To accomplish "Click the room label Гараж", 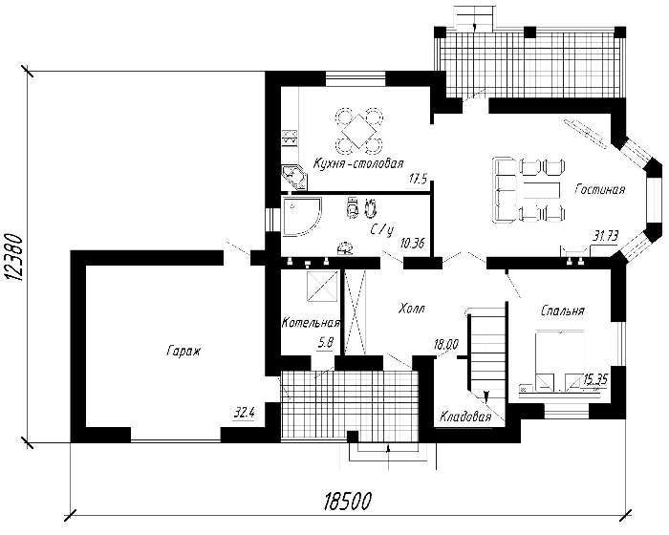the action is click(x=183, y=352).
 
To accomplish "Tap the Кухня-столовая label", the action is click(x=358, y=163).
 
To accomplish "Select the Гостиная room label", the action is click(x=600, y=189).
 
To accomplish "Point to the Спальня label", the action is click(x=562, y=310).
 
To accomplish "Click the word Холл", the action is click(x=411, y=309).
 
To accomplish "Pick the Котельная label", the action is click(x=311, y=323).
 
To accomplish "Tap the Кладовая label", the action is click(x=465, y=416).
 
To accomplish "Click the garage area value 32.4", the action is click(x=244, y=413).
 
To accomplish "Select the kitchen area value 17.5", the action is click(x=418, y=179).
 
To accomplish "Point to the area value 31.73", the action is click(x=606, y=236).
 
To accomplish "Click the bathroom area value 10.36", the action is click(x=413, y=244).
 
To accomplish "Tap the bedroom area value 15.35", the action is click(x=595, y=378).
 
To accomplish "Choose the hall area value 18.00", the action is click(x=446, y=344).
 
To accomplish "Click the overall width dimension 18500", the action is click(x=348, y=501).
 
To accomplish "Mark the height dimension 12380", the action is click(x=14, y=257).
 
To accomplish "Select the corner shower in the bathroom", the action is click(x=302, y=216).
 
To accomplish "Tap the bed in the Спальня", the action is click(x=559, y=360).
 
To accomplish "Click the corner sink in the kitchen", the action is click(x=293, y=177).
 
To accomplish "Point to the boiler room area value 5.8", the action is click(x=325, y=343).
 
